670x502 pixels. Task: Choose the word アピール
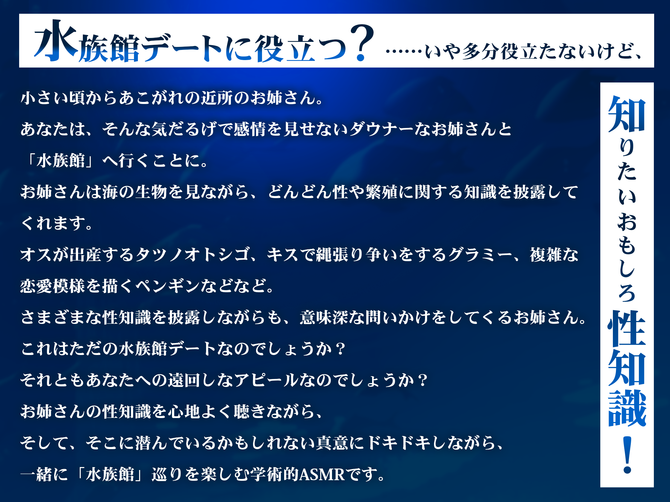tap(266, 380)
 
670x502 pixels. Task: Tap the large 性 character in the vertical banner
tap(627, 329)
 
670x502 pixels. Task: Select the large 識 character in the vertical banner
tap(627, 408)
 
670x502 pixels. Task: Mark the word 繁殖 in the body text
tap(381, 192)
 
